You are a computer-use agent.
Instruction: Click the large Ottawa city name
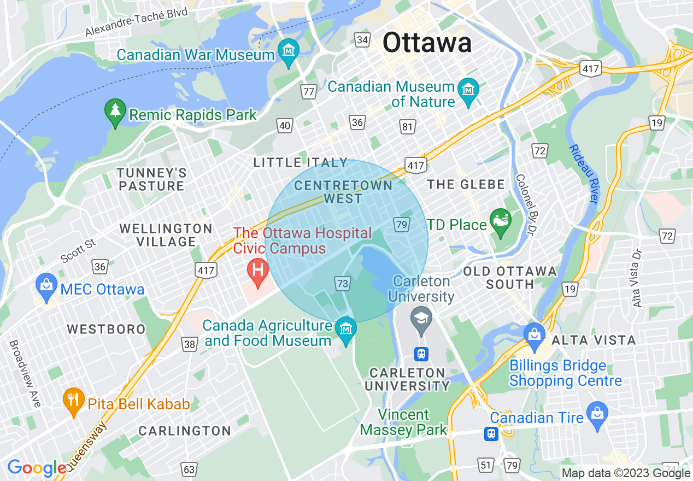pyautogui.click(x=427, y=43)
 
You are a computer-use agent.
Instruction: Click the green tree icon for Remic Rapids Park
pyautogui.click(x=115, y=113)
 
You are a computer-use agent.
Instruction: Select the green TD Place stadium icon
pyautogui.click(x=500, y=222)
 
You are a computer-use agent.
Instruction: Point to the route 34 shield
pyautogui.click(x=362, y=40)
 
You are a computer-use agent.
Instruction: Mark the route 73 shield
pyautogui.click(x=343, y=283)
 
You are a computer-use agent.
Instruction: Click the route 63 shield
pyautogui.click(x=189, y=469)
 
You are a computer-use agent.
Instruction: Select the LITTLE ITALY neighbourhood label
pyautogui.click(x=300, y=162)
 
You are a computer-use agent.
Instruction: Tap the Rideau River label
pyautogui.click(x=584, y=174)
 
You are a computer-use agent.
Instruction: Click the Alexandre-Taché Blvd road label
pyautogui.click(x=136, y=22)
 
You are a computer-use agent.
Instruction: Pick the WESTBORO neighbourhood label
pyautogui.click(x=106, y=329)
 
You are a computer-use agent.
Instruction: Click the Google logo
pyautogui.click(x=36, y=468)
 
